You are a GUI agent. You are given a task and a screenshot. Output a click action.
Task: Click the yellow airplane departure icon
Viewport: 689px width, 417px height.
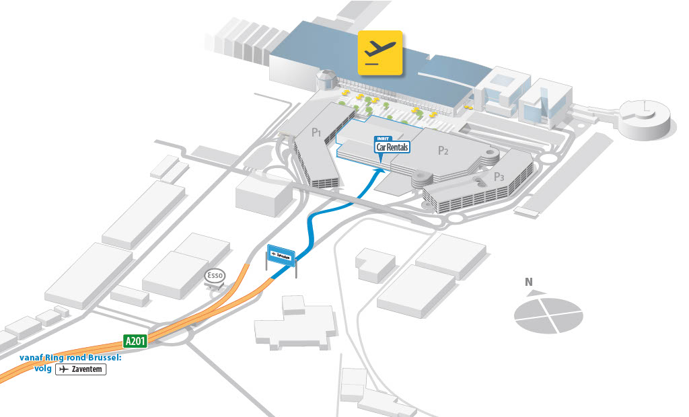[379, 52]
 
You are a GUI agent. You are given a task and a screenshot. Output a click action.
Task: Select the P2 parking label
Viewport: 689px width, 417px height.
[443, 150]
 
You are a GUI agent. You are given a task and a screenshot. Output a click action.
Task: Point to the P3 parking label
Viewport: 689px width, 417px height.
[499, 177]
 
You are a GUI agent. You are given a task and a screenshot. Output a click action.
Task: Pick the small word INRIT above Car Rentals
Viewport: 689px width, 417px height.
[384, 139]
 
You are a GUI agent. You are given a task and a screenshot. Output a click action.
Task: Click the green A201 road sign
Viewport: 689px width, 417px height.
[135, 340]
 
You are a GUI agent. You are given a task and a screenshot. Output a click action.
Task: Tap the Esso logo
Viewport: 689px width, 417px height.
[215, 276]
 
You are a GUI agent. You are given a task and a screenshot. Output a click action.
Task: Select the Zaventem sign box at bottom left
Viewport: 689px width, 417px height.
[81, 369]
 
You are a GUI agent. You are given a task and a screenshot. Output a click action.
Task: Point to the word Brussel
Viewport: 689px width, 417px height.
[102, 358]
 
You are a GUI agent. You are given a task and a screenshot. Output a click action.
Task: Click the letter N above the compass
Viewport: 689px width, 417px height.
[529, 282]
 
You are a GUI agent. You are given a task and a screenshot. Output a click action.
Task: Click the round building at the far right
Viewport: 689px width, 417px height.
[645, 118]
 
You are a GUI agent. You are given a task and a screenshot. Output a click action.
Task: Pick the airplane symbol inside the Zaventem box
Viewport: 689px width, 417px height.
[64, 369]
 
